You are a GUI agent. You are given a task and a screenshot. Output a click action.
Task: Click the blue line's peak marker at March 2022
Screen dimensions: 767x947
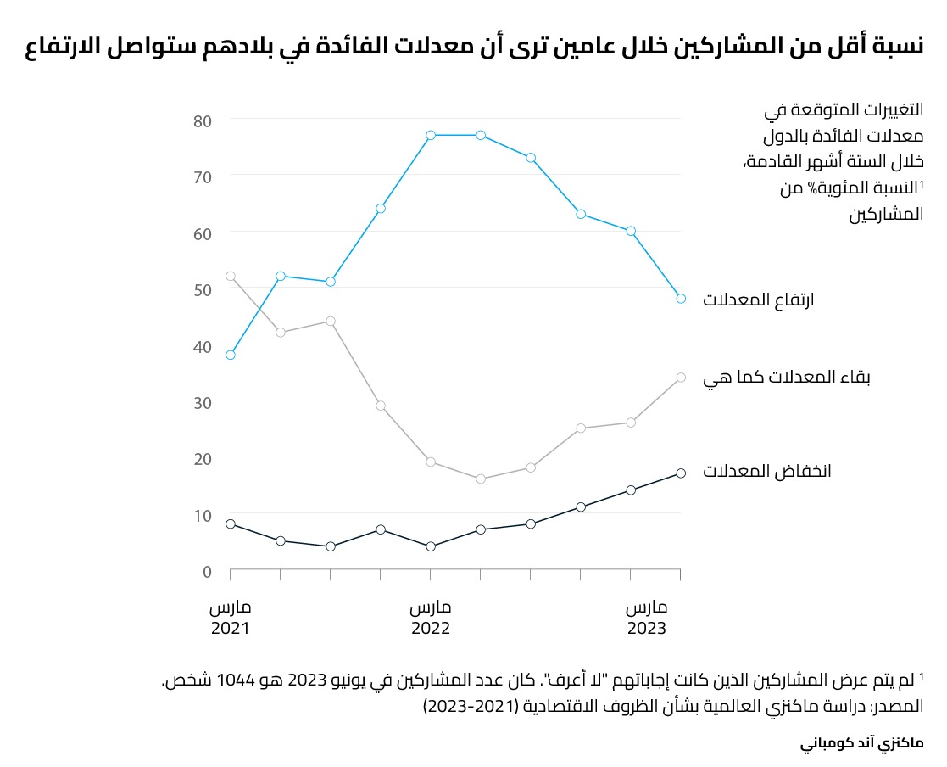[x=431, y=135]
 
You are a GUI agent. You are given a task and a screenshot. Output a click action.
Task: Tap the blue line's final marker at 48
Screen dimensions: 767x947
[x=681, y=298]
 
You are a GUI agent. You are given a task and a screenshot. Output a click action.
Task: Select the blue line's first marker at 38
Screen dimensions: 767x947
[x=231, y=355]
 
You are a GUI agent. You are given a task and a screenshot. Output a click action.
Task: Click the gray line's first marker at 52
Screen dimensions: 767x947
[x=231, y=276]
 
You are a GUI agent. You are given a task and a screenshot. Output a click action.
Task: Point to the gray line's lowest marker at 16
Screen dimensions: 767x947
[x=481, y=479]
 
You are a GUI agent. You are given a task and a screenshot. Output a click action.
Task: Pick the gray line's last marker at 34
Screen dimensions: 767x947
[x=681, y=378]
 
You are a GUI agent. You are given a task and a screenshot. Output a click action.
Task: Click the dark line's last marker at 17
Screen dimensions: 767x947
[x=681, y=473]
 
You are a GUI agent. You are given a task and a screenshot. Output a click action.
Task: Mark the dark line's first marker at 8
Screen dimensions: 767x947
[x=231, y=524]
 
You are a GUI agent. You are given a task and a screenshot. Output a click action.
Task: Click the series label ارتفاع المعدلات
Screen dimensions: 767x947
[x=758, y=300]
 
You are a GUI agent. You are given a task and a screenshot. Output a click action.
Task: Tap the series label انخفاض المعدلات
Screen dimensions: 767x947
[x=766, y=472]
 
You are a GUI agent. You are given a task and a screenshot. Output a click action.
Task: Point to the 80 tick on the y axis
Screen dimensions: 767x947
[x=202, y=120]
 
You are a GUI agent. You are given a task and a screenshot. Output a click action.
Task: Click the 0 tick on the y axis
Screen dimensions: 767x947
[x=207, y=571]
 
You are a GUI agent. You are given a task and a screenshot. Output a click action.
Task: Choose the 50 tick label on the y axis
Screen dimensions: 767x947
[x=202, y=289]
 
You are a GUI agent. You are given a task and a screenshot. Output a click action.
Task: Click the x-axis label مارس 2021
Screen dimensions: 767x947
[x=231, y=619]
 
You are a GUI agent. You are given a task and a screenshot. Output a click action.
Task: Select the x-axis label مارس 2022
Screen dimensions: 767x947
[x=431, y=619]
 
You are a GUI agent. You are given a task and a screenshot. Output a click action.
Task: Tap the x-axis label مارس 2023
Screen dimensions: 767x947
[x=647, y=619]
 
